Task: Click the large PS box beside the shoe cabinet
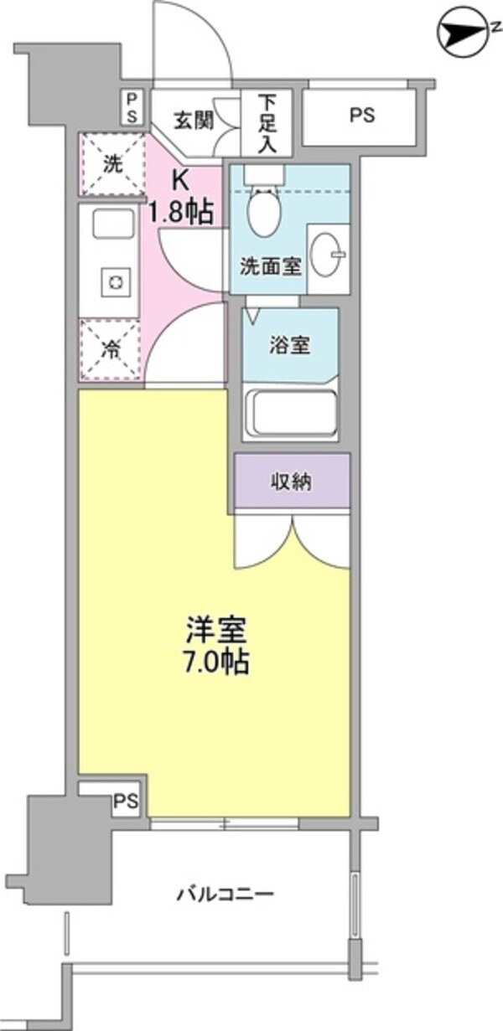coord(361,116)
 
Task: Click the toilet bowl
coord(264,211)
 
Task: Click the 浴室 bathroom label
coord(290,346)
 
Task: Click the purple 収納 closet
coord(292,482)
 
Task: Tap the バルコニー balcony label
coord(225,894)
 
